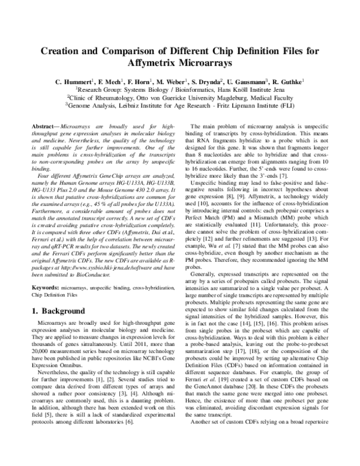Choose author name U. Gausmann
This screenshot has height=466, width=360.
pyautogui.click(x=244, y=82)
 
